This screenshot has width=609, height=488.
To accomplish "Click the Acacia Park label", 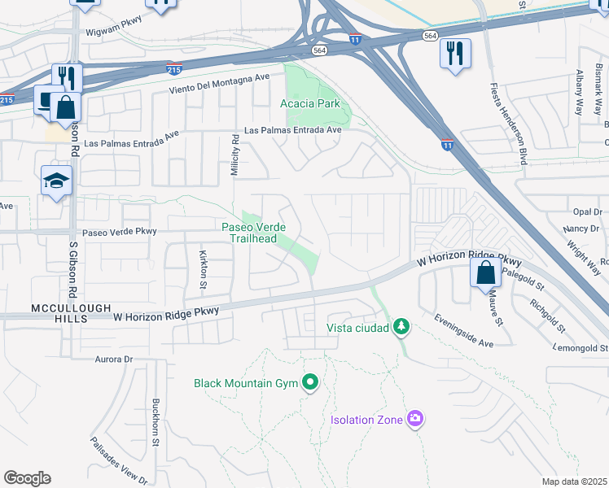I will pyautogui.click(x=309, y=104).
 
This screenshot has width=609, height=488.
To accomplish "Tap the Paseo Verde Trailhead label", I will pyautogui.click(x=250, y=233).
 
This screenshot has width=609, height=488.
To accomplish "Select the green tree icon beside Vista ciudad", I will pyautogui.click(x=401, y=327).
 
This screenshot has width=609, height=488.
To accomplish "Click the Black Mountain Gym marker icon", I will pyautogui.click(x=309, y=382).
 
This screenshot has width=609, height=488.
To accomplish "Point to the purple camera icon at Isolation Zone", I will pyautogui.click(x=415, y=420).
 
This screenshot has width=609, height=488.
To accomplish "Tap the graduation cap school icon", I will pyautogui.click(x=57, y=181).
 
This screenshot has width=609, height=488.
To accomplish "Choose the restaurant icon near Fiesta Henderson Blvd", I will pyautogui.click(x=455, y=53).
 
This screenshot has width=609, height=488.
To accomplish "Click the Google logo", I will pyautogui.click(x=27, y=478).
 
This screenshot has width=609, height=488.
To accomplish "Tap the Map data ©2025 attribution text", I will pyautogui.click(x=574, y=481).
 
